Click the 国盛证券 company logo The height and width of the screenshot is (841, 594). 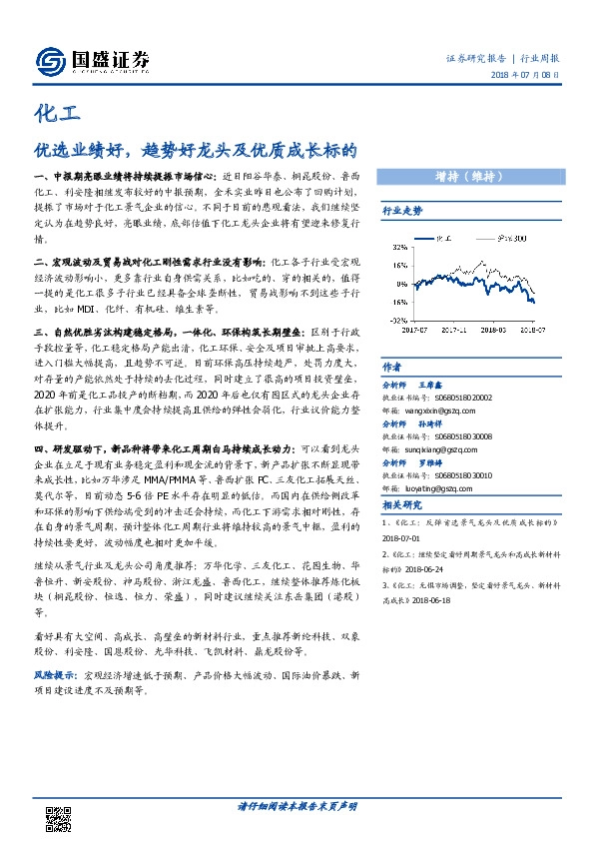[x=91, y=61]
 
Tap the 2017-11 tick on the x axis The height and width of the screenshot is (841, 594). [x=454, y=326]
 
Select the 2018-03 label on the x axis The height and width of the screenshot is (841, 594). [x=494, y=326]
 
